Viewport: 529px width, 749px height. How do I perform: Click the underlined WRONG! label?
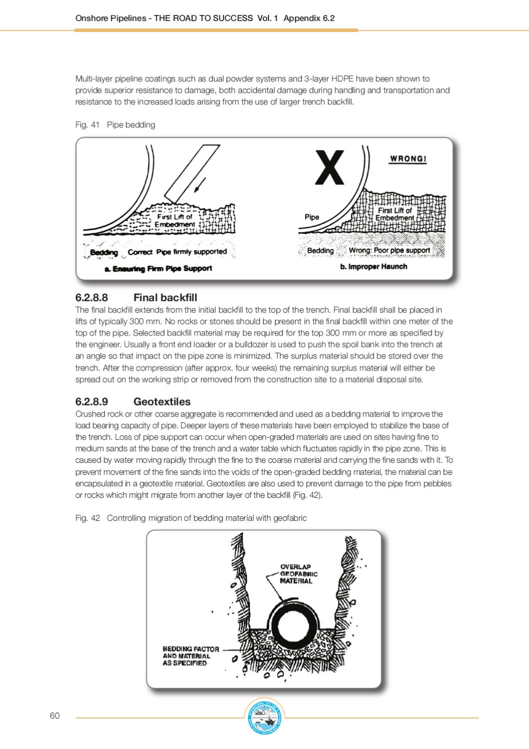click(408, 159)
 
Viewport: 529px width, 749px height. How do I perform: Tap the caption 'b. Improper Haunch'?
click(373, 267)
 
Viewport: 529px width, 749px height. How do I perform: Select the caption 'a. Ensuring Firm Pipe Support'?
click(158, 269)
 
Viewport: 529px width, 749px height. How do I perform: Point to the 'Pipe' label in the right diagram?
click(312, 217)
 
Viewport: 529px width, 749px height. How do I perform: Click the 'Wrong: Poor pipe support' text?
click(389, 250)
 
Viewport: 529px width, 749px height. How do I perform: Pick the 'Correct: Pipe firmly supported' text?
click(177, 252)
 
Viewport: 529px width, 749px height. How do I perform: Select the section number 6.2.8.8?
click(91, 298)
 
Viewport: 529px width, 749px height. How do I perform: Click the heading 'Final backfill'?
click(165, 298)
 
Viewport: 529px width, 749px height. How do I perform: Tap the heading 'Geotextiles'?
click(162, 401)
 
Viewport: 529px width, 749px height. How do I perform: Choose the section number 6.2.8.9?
click(91, 401)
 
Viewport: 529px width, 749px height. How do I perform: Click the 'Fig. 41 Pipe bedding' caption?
click(115, 125)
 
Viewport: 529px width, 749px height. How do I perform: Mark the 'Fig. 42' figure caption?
click(191, 518)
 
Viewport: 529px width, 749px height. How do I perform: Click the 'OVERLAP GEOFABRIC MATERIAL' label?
click(298, 574)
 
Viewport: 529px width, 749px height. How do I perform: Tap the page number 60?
click(55, 716)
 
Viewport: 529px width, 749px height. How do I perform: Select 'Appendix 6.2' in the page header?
click(309, 18)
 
